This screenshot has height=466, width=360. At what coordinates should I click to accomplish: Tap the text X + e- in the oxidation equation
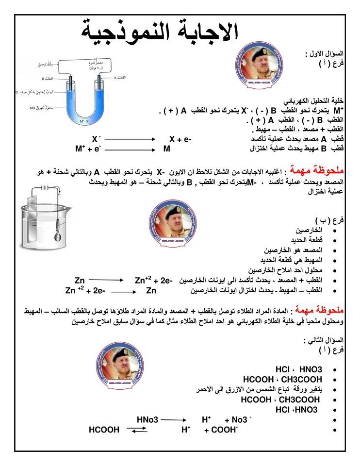(180, 139)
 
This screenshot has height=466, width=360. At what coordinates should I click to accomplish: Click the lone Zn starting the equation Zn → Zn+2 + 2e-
(80, 280)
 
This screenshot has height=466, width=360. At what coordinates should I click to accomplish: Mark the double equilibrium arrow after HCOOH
(137, 430)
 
